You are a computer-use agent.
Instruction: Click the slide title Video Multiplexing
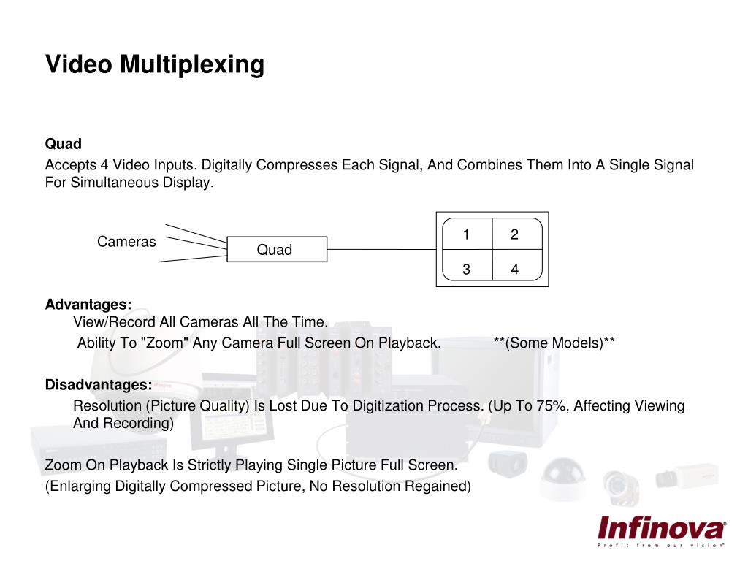tap(155, 64)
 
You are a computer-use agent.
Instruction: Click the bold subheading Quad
tap(64, 143)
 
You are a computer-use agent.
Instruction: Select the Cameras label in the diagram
tap(126, 242)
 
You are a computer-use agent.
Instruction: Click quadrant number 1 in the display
tap(466, 234)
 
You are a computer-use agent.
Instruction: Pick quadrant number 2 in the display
tap(515, 234)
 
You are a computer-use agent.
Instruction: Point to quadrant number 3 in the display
tap(466, 270)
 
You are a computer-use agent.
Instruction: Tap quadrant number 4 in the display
tap(515, 270)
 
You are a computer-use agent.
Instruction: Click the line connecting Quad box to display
tap(380, 249)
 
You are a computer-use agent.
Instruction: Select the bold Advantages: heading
tap(88, 304)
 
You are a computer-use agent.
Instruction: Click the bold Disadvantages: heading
tap(99, 385)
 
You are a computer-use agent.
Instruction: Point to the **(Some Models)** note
tap(554, 343)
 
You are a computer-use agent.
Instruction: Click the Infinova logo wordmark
tap(661, 527)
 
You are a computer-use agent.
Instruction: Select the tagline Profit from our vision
tap(661, 545)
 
